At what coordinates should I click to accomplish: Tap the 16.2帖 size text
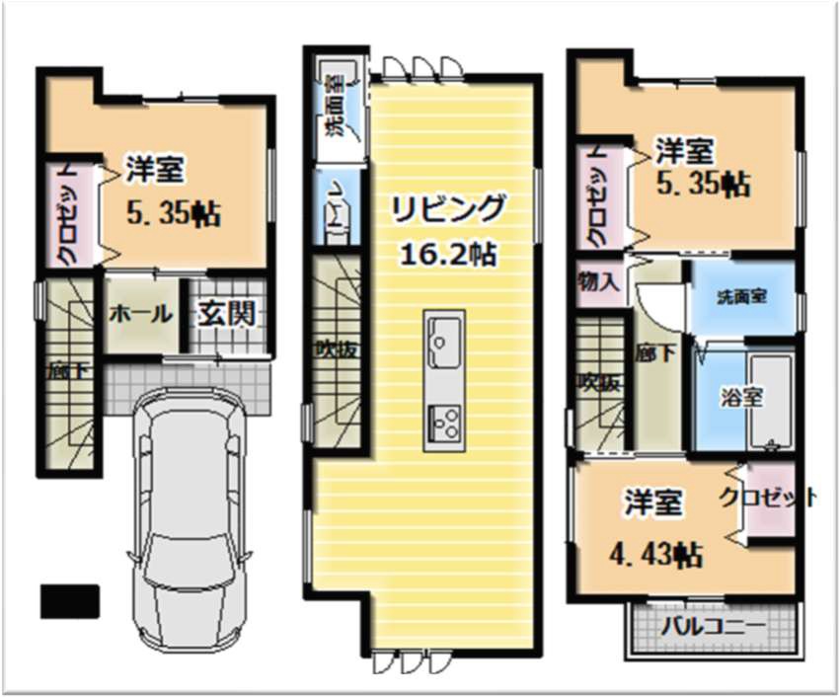click(447, 255)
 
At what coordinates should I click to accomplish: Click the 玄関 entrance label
click(228, 314)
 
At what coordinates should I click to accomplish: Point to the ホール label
click(141, 315)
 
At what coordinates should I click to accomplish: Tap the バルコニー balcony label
click(713, 627)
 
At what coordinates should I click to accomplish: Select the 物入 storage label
click(598, 280)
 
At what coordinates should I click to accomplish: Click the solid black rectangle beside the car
click(69, 599)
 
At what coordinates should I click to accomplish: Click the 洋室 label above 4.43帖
click(651, 503)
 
